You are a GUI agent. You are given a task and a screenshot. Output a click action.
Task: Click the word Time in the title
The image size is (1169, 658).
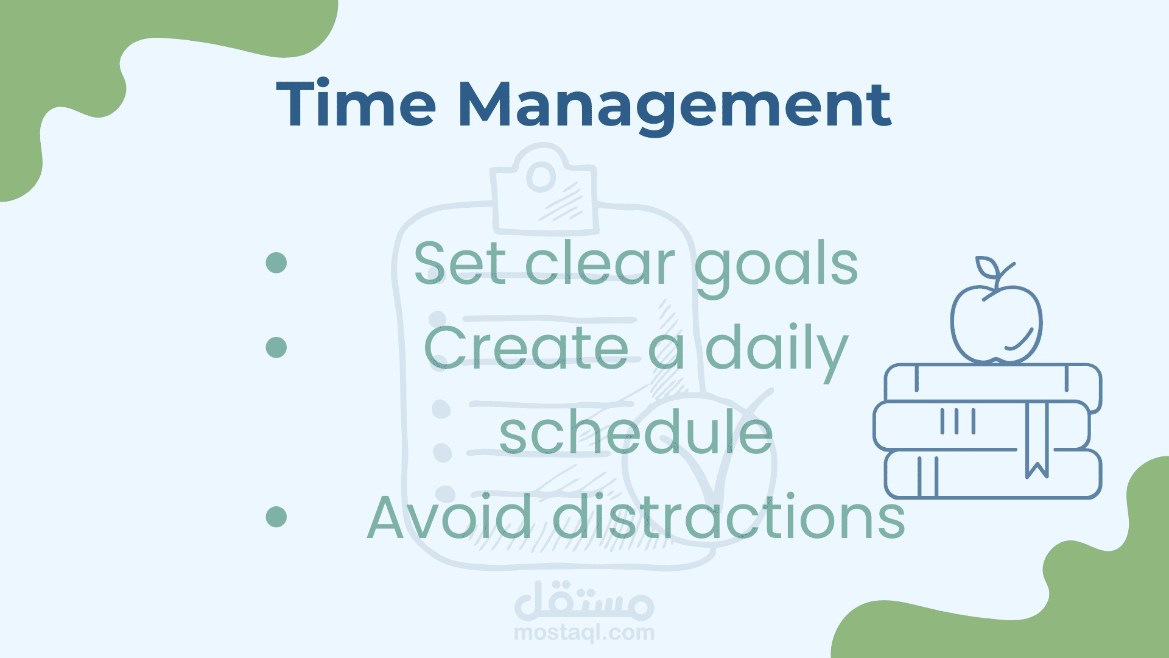coord(356,104)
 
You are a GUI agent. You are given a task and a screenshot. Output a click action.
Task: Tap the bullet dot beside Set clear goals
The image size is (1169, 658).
coord(276,263)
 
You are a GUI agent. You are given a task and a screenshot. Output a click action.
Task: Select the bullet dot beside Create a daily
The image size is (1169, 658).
coord(276,347)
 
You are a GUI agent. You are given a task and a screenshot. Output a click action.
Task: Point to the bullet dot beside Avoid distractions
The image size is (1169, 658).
coord(276,517)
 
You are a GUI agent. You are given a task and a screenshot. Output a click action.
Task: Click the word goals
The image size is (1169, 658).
coord(776,268)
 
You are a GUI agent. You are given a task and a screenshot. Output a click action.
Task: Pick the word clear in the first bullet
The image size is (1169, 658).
coord(600,263)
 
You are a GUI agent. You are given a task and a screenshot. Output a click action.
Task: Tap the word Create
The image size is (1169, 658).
coord(526,347)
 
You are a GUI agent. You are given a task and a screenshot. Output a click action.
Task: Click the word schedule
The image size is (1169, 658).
coord(636,431)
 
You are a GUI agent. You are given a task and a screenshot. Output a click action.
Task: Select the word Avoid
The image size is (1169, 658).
coord(449,517)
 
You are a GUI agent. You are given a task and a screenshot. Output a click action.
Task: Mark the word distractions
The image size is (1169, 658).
coord(729,517)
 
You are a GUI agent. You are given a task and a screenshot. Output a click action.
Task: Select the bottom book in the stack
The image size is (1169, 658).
coord(993,474)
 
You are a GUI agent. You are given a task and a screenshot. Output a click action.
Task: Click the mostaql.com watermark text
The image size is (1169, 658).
coord(584,633)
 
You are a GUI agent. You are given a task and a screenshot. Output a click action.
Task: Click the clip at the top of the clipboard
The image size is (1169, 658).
coord(544,189)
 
